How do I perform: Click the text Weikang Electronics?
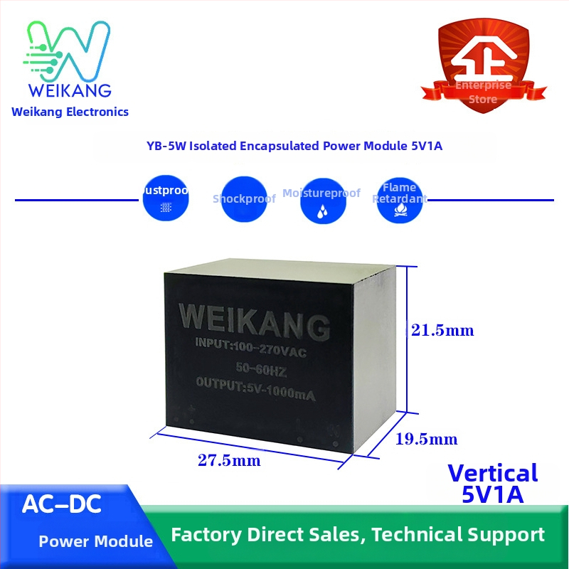pos(70,112)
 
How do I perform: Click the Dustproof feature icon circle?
pos(166,200)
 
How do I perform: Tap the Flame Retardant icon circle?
pos(400,200)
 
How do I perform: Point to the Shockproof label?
pos(244,199)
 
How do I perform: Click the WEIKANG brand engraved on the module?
pos(253,320)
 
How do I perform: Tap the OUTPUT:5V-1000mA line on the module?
pos(255,387)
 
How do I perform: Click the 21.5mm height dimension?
pos(442,331)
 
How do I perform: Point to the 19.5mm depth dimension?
pos(426,439)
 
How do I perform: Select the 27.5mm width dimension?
pos(229,461)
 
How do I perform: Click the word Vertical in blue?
pos(493,474)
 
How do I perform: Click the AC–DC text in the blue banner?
pos(62,505)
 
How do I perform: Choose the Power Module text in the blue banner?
pos(95,542)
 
